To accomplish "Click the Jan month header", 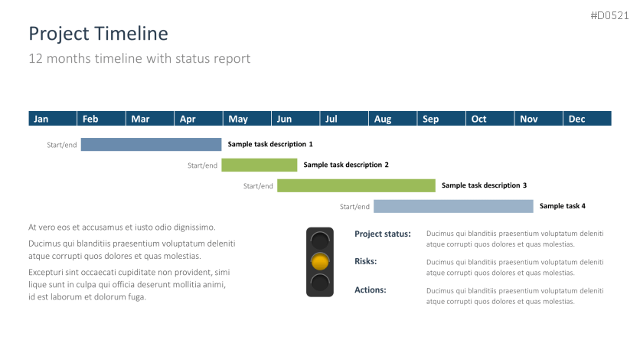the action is point(53,119).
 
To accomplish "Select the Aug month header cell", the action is point(393,119).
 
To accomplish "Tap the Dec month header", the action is point(587,119).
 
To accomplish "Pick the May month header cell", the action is point(247,119).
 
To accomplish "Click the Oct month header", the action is point(490,119).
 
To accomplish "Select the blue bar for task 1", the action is point(151,145).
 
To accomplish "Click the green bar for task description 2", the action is point(260,165).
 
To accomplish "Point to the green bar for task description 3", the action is point(356,185).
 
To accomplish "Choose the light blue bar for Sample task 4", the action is point(453,206).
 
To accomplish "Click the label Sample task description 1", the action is point(270,144).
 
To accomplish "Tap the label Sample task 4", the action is point(563,206).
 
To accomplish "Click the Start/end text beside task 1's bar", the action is point(62,145).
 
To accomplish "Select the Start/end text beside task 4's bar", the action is point(354,207).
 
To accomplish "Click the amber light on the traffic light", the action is point(320,262).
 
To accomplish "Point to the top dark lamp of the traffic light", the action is point(320,241).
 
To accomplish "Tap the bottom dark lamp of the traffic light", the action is point(320,283).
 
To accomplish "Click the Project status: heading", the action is point(383,234).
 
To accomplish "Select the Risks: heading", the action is point(366,261).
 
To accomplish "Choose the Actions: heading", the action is point(371,290).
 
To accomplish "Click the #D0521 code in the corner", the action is point(610,15).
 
